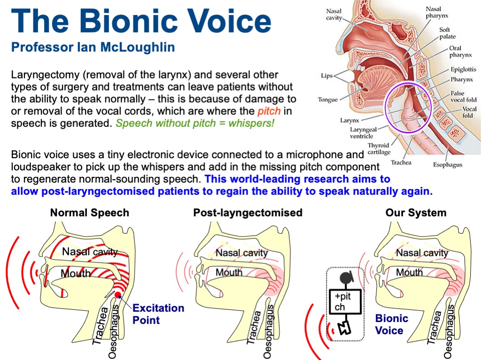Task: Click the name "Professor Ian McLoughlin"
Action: tap(93, 47)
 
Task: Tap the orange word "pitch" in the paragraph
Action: tap(269, 111)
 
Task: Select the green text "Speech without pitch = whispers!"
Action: tap(195, 124)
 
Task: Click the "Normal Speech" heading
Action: tap(89, 213)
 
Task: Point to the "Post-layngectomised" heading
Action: tap(248, 213)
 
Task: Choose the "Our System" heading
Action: tap(416, 213)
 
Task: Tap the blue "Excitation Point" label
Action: tap(158, 314)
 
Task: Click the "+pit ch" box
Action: tap(346, 302)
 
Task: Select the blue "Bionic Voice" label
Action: tap(391, 324)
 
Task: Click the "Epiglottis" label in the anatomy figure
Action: tap(463, 69)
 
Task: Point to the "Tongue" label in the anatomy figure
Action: tap(328, 100)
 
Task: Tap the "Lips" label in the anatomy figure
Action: tap(327, 75)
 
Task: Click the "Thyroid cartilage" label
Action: tap(378, 149)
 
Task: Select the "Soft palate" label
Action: tap(445, 33)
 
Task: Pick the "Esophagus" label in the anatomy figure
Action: tap(448, 165)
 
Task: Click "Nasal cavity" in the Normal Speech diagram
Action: tap(90, 252)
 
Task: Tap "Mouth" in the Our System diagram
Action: tap(409, 272)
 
